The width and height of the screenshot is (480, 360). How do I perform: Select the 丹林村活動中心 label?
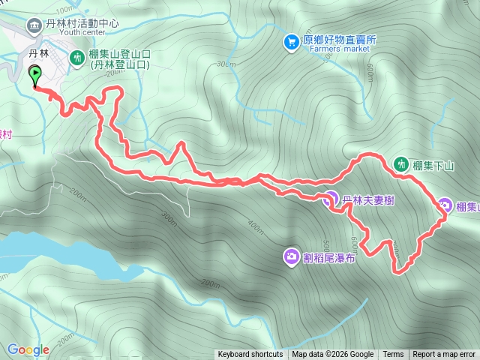[82, 23]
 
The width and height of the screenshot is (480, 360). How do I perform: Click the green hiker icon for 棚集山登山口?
[77, 57]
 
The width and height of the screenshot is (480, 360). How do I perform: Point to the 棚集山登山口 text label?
[120, 59]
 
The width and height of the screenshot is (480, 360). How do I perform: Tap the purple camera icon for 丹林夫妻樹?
[329, 199]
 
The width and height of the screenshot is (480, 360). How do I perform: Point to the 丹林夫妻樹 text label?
[369, 200]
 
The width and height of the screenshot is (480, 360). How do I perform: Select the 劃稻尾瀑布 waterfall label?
[329, 258]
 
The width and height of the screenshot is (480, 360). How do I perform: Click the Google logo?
[28, 349]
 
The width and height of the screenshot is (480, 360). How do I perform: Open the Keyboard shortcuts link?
[250, 355]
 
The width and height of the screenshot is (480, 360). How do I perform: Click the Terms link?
[393, 355]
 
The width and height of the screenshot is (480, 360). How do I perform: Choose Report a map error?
[444, 355]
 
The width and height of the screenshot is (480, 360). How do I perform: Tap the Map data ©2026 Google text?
[333, 355]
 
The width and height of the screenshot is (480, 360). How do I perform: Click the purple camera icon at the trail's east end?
[445, 205]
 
